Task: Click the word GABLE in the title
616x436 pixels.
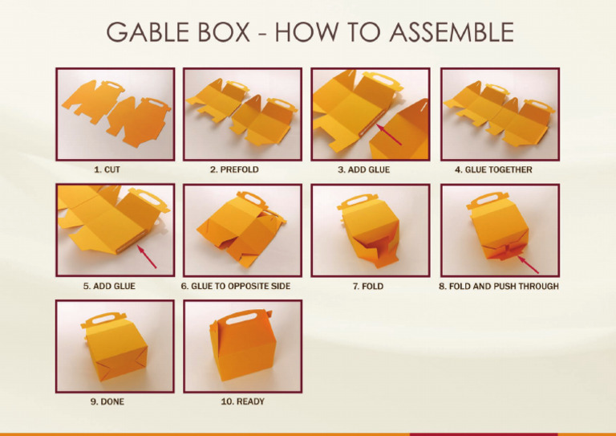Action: click(153, 32)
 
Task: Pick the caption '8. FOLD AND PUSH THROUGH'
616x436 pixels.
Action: click(499, 286)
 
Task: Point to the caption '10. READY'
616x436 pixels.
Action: click(242, 401)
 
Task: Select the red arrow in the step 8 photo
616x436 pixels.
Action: click(527, 263)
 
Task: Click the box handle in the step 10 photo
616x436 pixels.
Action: click(245, 320)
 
